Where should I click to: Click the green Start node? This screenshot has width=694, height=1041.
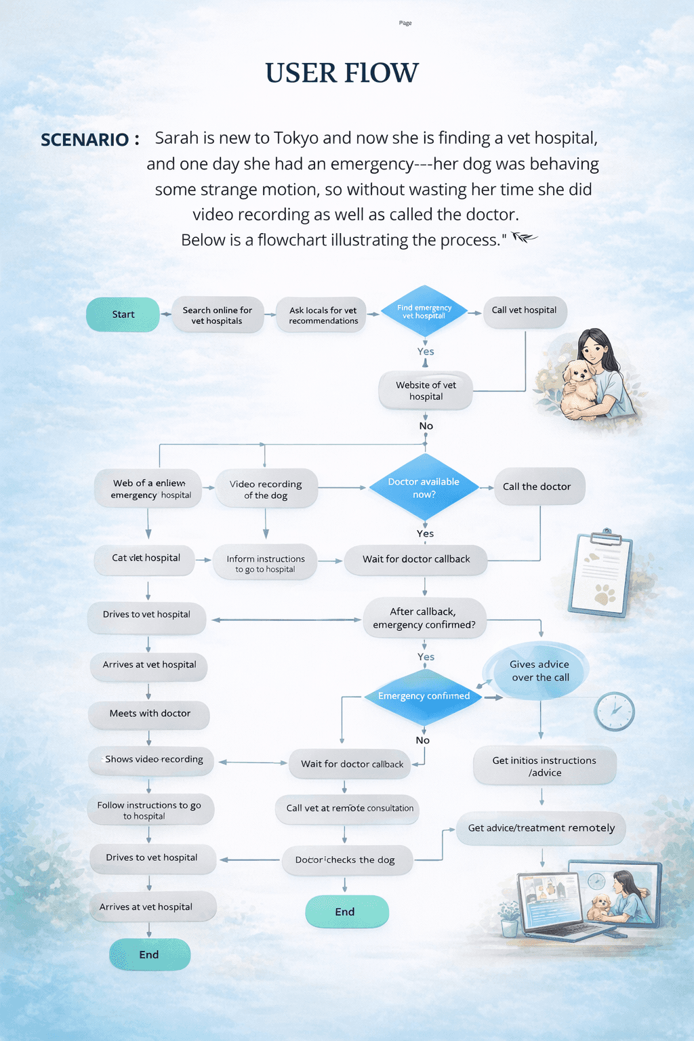[123, 314]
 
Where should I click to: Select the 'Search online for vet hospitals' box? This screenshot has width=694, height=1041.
[217, 315]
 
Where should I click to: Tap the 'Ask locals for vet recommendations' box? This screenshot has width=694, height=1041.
[323, 315]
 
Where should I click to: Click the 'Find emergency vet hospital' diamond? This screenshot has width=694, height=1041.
[424, 312]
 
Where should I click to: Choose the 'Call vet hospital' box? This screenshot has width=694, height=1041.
[524, 310]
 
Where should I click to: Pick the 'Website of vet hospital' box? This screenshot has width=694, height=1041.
[426, 390]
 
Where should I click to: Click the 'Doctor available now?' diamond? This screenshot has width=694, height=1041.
[424, 488]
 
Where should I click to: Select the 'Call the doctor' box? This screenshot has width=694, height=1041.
[538, 487]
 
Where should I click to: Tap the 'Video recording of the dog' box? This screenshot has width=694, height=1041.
[266, 489]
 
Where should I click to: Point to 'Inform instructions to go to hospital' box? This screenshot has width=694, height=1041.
[265, 563]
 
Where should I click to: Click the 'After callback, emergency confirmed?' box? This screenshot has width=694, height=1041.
[424, 618]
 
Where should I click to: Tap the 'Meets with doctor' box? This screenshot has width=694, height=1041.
[149, 714]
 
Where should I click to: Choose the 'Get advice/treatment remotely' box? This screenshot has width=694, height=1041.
[541, 828]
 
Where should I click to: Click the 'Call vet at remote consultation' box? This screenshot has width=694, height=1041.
[348, 809]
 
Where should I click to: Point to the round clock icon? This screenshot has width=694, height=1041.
[614, 711]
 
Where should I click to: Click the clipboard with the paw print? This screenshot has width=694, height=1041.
[601, 575]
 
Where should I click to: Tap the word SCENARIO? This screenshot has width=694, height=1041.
[85, 140]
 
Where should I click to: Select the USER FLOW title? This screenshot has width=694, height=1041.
[342, 73]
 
